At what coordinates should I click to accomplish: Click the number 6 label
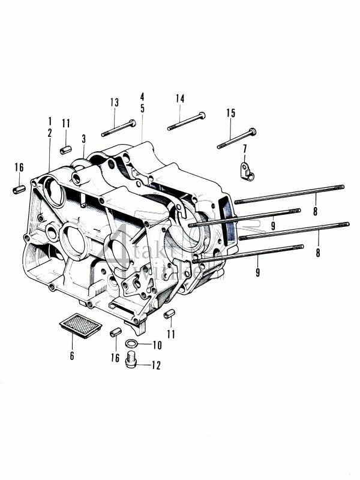click(71, 355)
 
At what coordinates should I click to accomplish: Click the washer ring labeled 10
click(131, 344)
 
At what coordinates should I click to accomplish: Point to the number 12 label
click(158, 364)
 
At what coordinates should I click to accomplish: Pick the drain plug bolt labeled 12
click(133, 362)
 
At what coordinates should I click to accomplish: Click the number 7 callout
click(245, 148)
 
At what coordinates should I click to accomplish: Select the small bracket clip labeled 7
click(246, 170)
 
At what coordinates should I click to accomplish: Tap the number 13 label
click(114, 103)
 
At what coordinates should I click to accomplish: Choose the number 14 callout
click(180, 98)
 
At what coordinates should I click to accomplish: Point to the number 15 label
click(230, 113)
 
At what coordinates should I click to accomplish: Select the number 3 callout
click(83, 139)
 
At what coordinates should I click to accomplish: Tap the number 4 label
click(142, 96)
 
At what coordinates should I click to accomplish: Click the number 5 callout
click(142, 109)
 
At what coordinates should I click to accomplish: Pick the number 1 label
click(50, 121)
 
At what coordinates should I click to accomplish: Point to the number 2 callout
click(50, 133)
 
